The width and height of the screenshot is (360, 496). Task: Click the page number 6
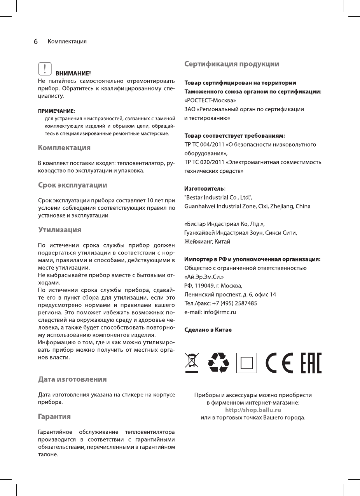click(35, 41)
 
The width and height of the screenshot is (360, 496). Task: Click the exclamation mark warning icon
click(45, 68)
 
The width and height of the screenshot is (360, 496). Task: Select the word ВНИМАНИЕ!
click(73, 73)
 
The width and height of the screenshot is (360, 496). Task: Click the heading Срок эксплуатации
click(72, 184)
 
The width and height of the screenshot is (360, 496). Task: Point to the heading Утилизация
click(59, 230)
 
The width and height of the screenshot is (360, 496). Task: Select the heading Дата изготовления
click(72, 379)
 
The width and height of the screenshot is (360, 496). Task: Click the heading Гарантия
click(54, 416)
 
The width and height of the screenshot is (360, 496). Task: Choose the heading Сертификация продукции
click(231, 64)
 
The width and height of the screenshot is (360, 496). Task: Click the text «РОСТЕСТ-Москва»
click(210, 101)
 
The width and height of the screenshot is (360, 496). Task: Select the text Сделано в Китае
click(208, 330)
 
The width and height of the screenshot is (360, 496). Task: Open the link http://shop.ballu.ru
click(253, 410)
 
